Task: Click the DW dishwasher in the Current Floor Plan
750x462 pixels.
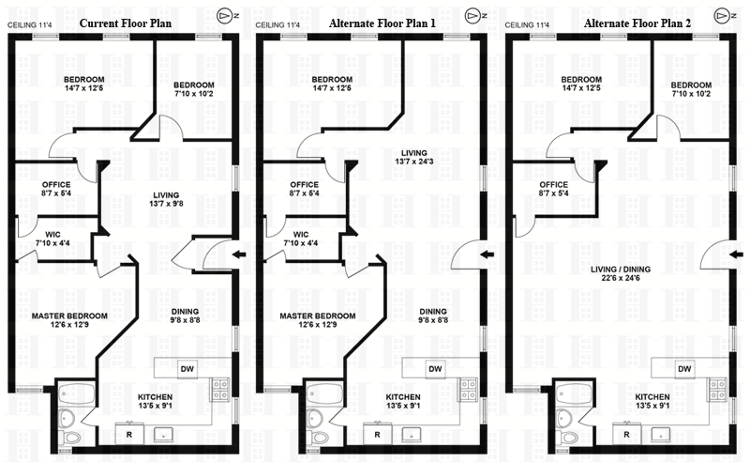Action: (x=187, y=368)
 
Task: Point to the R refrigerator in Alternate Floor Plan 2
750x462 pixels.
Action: (x=626, y=434)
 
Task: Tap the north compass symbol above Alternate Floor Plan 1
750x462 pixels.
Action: (x=472, y=16)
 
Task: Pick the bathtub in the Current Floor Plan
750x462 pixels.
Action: (x=71, y=392)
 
